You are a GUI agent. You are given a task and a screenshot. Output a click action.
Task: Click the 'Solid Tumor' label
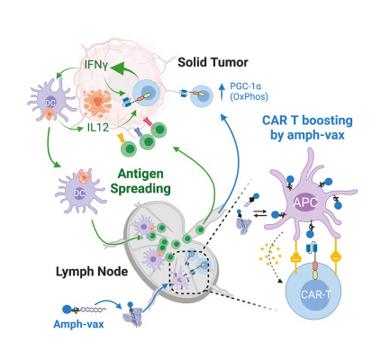pos(213,62)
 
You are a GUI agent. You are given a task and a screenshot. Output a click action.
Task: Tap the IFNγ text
pos(95,65)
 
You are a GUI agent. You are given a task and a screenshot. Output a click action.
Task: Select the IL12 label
pos(98,128)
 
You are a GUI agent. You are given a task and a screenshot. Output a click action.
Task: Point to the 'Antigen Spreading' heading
pos(141,181)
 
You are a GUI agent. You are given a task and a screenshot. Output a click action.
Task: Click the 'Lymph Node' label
pos(92,272)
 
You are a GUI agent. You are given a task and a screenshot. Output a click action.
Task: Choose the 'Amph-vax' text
pos(78,324)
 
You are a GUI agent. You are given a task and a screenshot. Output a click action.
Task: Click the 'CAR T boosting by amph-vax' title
pos(307,128)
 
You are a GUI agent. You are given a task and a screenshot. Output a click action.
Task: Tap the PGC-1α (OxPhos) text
pos(249,92)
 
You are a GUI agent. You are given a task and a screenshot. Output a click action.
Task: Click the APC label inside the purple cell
pos(305,202)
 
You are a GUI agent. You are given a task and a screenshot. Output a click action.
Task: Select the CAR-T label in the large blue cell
pos(316,294)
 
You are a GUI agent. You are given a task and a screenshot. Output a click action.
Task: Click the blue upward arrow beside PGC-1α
pos(222,92)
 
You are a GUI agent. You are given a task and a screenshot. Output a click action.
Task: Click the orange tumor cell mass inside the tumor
pos(97,103)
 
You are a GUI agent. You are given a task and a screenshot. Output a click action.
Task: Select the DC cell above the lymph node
pos(80,191)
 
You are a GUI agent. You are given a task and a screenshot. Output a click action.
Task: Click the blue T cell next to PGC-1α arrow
pos(201,96)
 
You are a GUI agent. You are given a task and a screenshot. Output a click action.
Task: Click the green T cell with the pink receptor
pos(159,130)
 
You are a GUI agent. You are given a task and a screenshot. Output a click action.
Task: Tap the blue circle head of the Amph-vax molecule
pos(67,310)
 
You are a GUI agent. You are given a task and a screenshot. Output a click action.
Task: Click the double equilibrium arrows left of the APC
pos(260,213)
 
